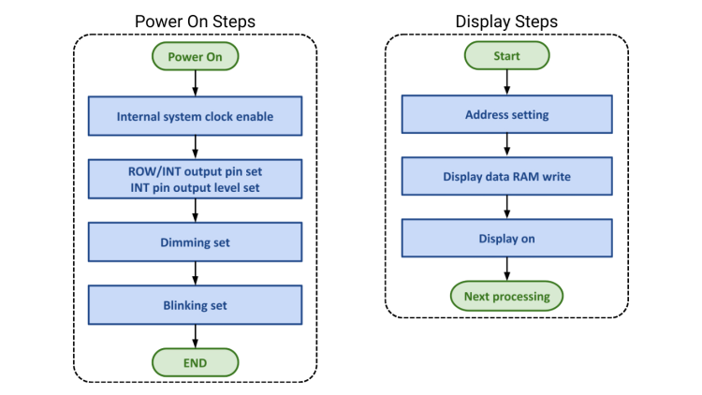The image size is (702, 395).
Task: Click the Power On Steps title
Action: coord(195,22)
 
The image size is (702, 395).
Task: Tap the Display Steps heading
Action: coord(506,22)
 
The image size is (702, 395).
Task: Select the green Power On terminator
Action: coord(195,57)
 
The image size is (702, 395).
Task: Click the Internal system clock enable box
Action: coord(195,117)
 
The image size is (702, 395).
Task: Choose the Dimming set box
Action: coord(195,242)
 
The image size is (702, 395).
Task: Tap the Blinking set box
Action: coord(195,304)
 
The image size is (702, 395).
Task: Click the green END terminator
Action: coord(195,360)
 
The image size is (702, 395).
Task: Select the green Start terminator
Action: coord(506,57)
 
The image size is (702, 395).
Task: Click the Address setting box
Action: coord(506,115)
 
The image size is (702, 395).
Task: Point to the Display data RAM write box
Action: coord(506,177)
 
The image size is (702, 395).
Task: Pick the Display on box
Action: coord(506,239)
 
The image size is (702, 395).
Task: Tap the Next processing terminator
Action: coord(506,297)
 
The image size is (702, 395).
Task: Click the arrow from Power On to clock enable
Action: coord(195,84)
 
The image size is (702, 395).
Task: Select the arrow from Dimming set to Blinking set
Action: coord(195,273)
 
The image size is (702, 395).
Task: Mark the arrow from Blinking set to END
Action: coord(195,335)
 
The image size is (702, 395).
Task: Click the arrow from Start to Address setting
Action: coord(506,83)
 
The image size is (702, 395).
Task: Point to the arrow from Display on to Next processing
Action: coord(506,269)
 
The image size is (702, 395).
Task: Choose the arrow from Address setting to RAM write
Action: coord(506,146)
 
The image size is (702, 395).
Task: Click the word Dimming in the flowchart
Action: coord(180,242)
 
